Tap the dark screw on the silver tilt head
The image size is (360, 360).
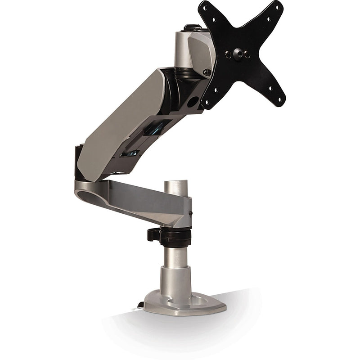[x=207, y=71]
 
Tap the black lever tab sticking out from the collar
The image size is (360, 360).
[x=153, y=235]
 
